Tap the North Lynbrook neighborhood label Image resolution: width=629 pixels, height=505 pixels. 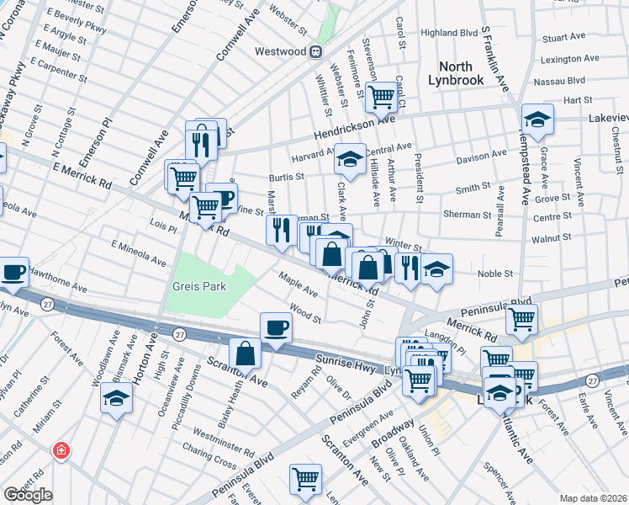point(467,74)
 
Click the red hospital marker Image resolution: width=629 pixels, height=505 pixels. point(61,451)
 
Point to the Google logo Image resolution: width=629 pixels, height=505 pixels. point(28,495)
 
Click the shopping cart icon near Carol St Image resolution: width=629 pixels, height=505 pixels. point(383,98)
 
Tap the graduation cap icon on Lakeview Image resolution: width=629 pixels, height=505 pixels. point(537,118)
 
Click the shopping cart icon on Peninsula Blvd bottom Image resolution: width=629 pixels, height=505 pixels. point(305,478)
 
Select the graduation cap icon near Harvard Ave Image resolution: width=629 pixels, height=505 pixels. point(348,157)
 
